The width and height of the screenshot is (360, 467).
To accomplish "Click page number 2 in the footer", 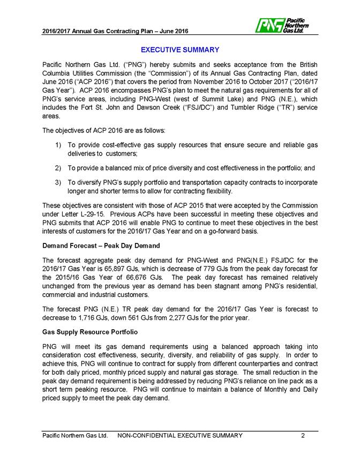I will click(x=303, y=436).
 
